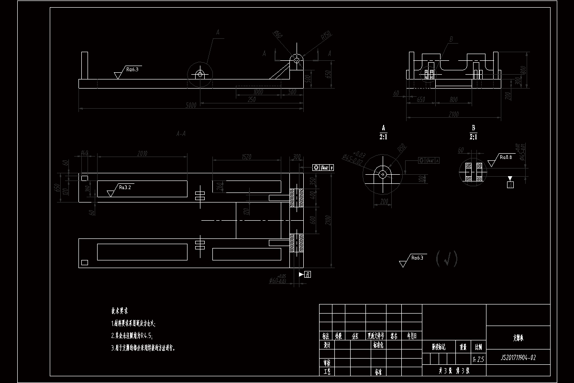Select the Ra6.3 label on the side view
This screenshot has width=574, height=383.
132,69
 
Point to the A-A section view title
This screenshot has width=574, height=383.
181,135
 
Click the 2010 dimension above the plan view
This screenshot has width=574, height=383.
142,154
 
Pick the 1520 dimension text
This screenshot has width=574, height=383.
247,157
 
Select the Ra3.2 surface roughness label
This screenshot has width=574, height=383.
125,187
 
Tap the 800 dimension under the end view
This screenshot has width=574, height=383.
453,100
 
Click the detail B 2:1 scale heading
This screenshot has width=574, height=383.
473,133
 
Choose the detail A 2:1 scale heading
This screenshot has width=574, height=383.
383,133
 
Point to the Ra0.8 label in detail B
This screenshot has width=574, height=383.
506,157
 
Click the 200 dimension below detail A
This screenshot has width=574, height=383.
384,201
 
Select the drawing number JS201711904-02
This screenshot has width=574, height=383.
518,357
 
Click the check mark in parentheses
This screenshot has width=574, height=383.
447,259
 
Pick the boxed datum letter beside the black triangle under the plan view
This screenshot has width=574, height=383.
308,274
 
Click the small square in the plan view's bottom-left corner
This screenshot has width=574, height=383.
85,262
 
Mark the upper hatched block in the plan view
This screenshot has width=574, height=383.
297,198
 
